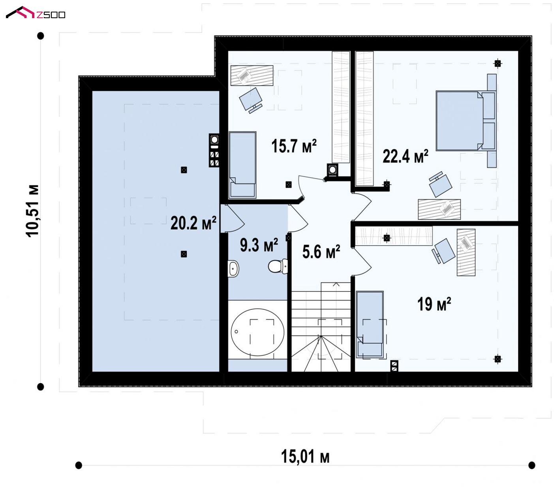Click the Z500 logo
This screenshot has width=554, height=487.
pyautogui.click(x=36, y=13)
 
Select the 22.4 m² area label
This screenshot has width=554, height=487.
pyautogui.click(x=405, y=156)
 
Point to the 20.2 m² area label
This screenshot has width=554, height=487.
pyautogui.click(x=193, y=223)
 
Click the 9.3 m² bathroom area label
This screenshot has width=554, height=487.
pyautogui.click(x=259, y=245)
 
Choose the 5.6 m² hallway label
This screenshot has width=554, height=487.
pyautogui.click(x=321, y=252)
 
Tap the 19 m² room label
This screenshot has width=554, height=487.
pyautogui.click(x=434, y=304)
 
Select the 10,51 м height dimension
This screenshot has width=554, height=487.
pyautogui.click(x=32, y=211)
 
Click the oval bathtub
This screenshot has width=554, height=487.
pyautogui.click(x=257, y=332)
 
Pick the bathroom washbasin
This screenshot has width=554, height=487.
pyautogui.click(x=233, y=269)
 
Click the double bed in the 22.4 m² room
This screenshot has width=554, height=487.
pyautogui.click(x=466, y=120)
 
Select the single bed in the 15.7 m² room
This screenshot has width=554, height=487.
pyautogui.click(x=242, y=165)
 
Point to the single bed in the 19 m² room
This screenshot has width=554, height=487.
pyautogui.click(x=370, y=325)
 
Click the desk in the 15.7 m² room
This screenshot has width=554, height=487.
pyautogui.click(x=252, y=75)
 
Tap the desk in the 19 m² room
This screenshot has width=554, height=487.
pyautogui.click(x=466, y=252)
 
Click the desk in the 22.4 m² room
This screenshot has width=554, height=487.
pyautogui.click(x=439, y=209)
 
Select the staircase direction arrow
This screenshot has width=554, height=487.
pyautogui.click(x=336, y=285)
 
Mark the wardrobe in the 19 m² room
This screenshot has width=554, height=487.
pyautogui.click(x=394, y=236)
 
